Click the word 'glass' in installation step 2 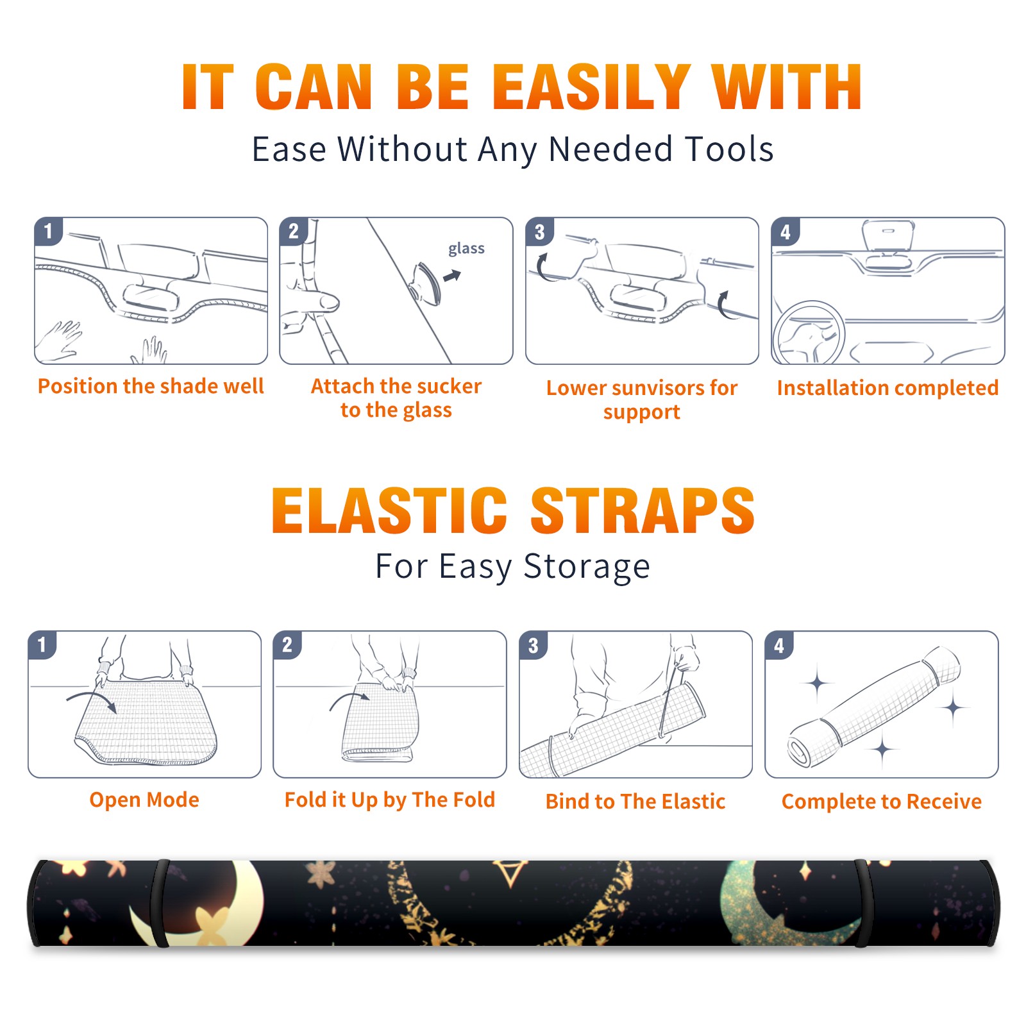466,249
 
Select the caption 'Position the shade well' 151,386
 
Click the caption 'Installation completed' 887,388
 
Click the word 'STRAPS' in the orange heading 643,510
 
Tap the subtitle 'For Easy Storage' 513,566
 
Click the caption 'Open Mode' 144,800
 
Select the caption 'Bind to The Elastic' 635,802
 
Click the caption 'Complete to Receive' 882,802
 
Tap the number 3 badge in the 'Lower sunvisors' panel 539,231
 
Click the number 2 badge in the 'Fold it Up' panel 287,644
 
